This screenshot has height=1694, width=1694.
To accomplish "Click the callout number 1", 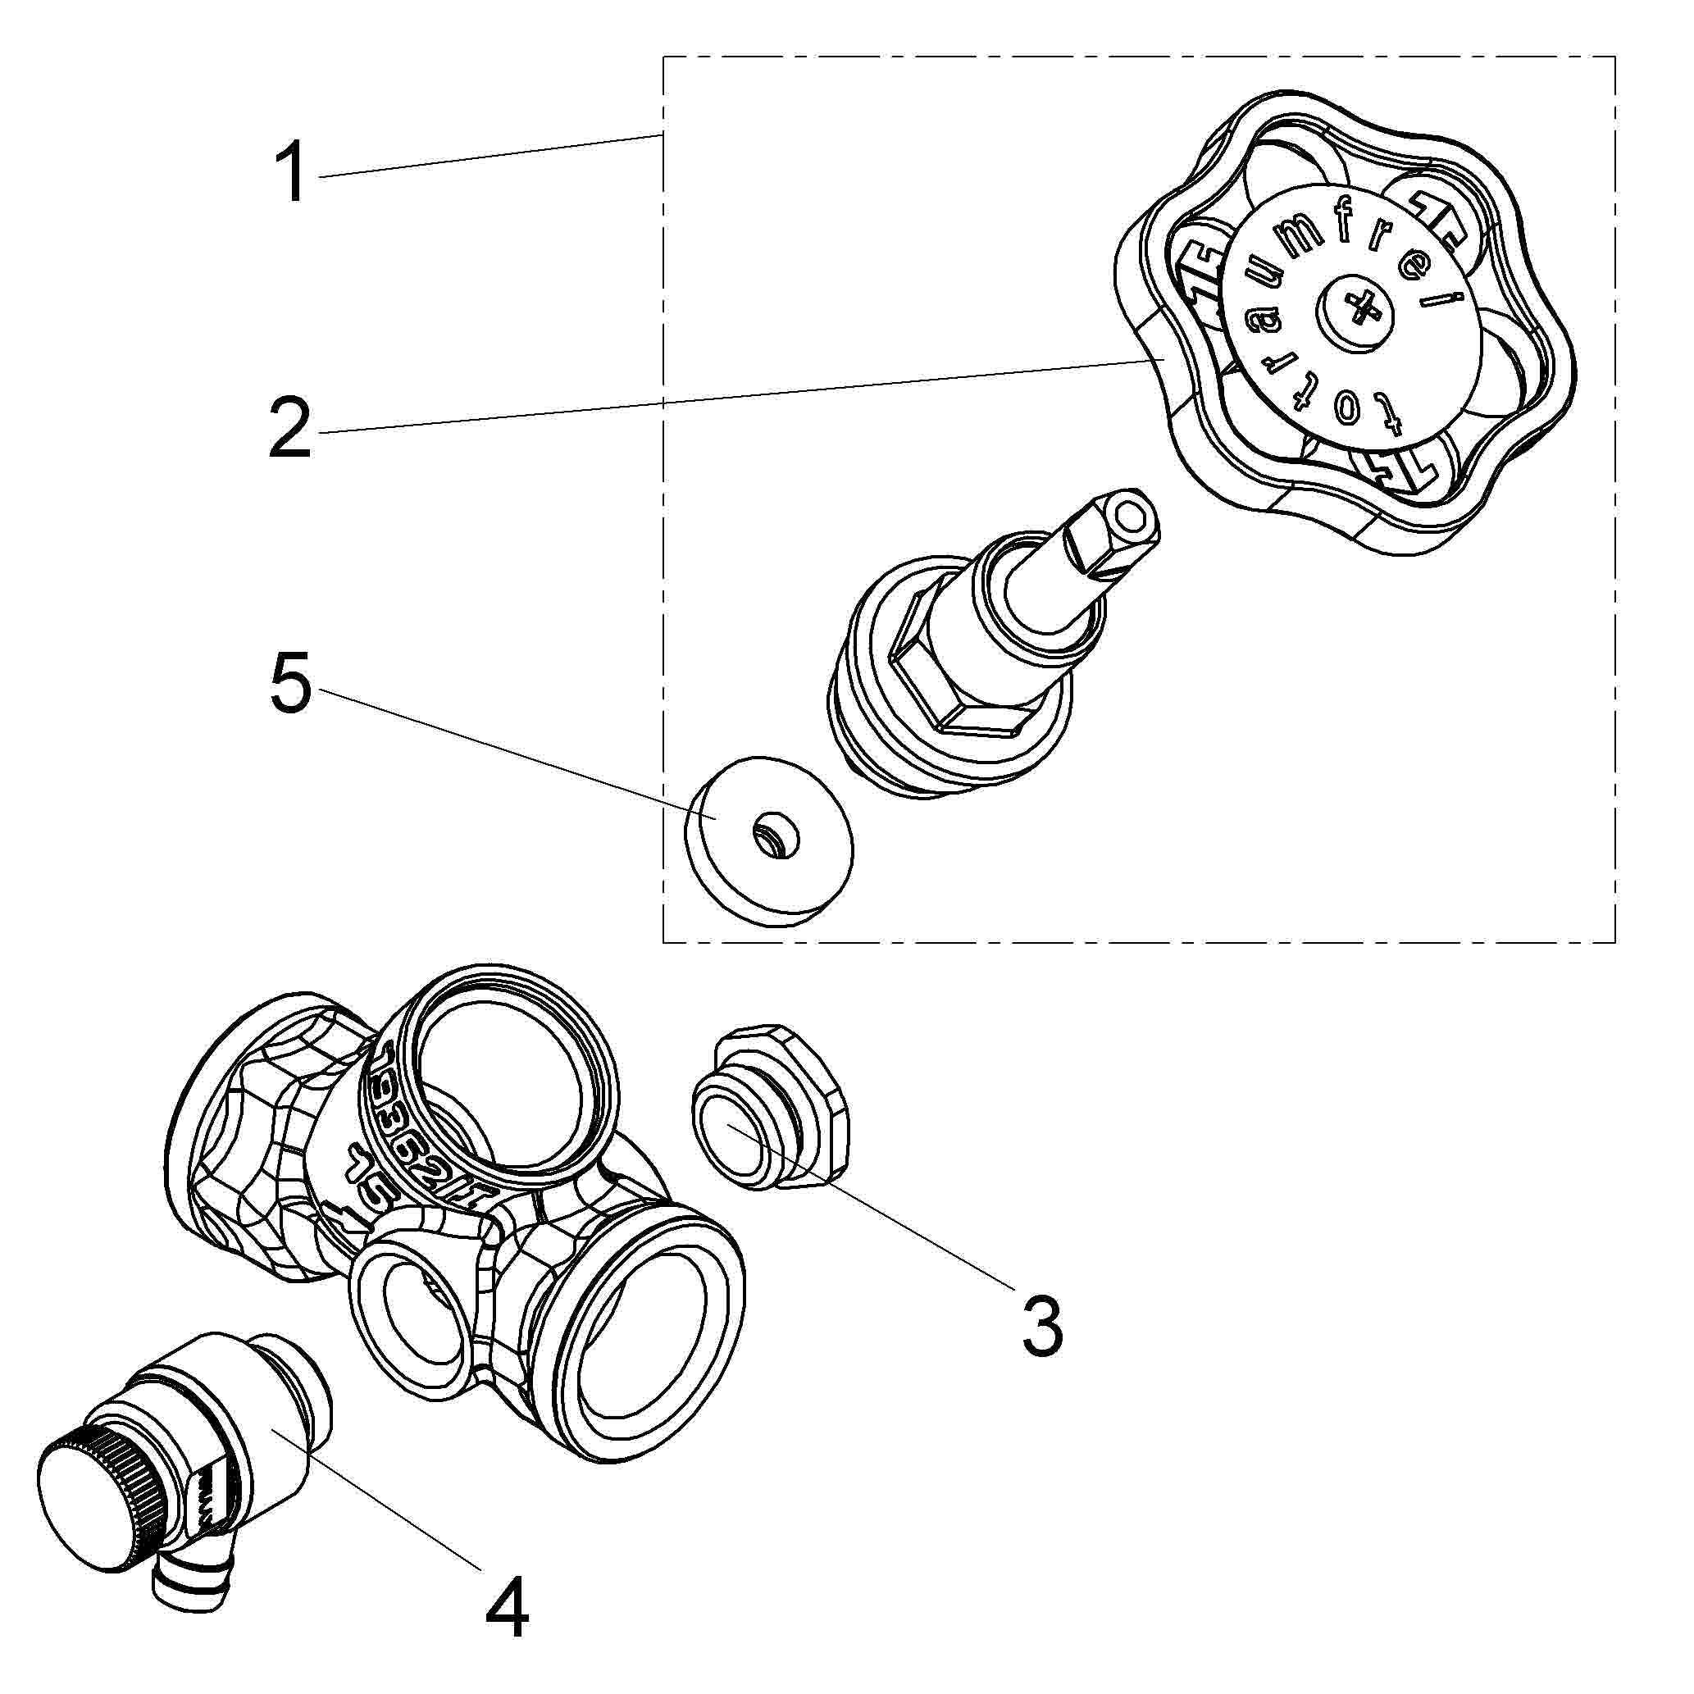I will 290,174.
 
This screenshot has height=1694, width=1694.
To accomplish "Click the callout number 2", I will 290,428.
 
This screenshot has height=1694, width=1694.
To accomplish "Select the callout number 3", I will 1041,1327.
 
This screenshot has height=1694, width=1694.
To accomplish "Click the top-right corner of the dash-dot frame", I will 1615,57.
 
